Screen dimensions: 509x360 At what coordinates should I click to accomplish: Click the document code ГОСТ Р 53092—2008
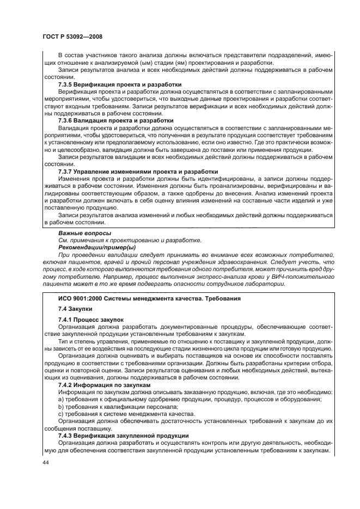click(x=72, y=36)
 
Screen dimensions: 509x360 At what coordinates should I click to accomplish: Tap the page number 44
click(x=45, y=463)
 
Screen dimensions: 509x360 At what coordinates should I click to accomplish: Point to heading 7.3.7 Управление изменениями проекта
click(x=130, y=171)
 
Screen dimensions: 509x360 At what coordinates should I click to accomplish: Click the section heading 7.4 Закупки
click(x=76, y=309)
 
